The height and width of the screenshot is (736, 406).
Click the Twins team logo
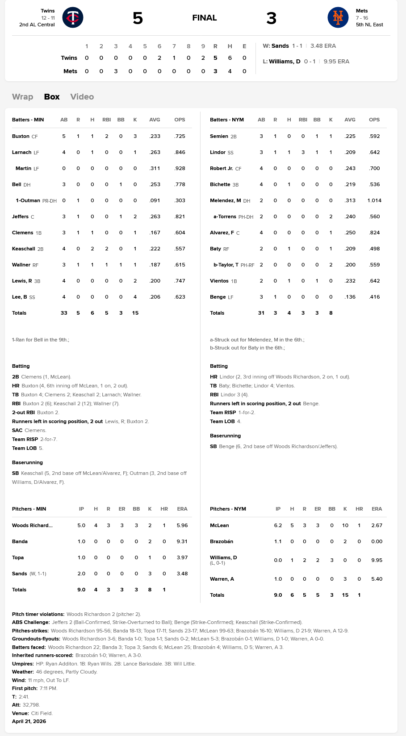pyautogui.click(x=73, y=18)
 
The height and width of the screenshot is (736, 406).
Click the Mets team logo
pyautogui.click(x=338, y=18)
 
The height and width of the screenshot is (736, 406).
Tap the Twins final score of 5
pyautogui.click(x=138, y=18)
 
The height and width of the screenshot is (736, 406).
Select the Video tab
pyautogui.click(x=82, y=97)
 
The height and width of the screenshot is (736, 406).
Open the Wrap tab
pyautogui.click(x=23, y=97)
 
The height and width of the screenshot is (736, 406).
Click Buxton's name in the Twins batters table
pyautogui.click(x=21, y=136)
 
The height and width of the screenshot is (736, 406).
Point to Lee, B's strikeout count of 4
pyautogui.click(x=135, y=297)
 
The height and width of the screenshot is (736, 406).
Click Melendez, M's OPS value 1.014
pyautogui.click(x=374, y=200)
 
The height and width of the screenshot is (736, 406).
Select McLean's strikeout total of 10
pyautogui.click(x=345, y=525)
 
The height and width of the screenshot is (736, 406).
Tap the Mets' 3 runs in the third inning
pyautogui.click(x=116, y=71)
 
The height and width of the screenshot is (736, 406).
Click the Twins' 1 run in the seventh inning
pyautogui.click(x=174, y=58)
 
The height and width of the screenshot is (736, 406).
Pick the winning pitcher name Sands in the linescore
pyautogui.click(x=280, y=46)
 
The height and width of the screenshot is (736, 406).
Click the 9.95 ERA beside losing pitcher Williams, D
pyautogui.click(x=336, y=62)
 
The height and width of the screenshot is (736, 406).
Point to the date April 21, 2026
pyautogui.click(x=29, y=721)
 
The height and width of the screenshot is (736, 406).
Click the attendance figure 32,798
pyautogui.click(x=31, y=705)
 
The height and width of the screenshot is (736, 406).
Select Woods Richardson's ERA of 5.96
pyautogui.click(x=182, y=525)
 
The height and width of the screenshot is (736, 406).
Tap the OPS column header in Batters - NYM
pyautogui.click(x=374, y=120)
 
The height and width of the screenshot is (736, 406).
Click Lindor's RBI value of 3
pyautogui.click(x=303, y=152)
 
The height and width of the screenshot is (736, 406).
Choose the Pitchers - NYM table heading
pyautogui.click(x=228, y=509)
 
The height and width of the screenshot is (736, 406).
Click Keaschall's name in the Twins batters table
pyautogui.click(x=23, y=249)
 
